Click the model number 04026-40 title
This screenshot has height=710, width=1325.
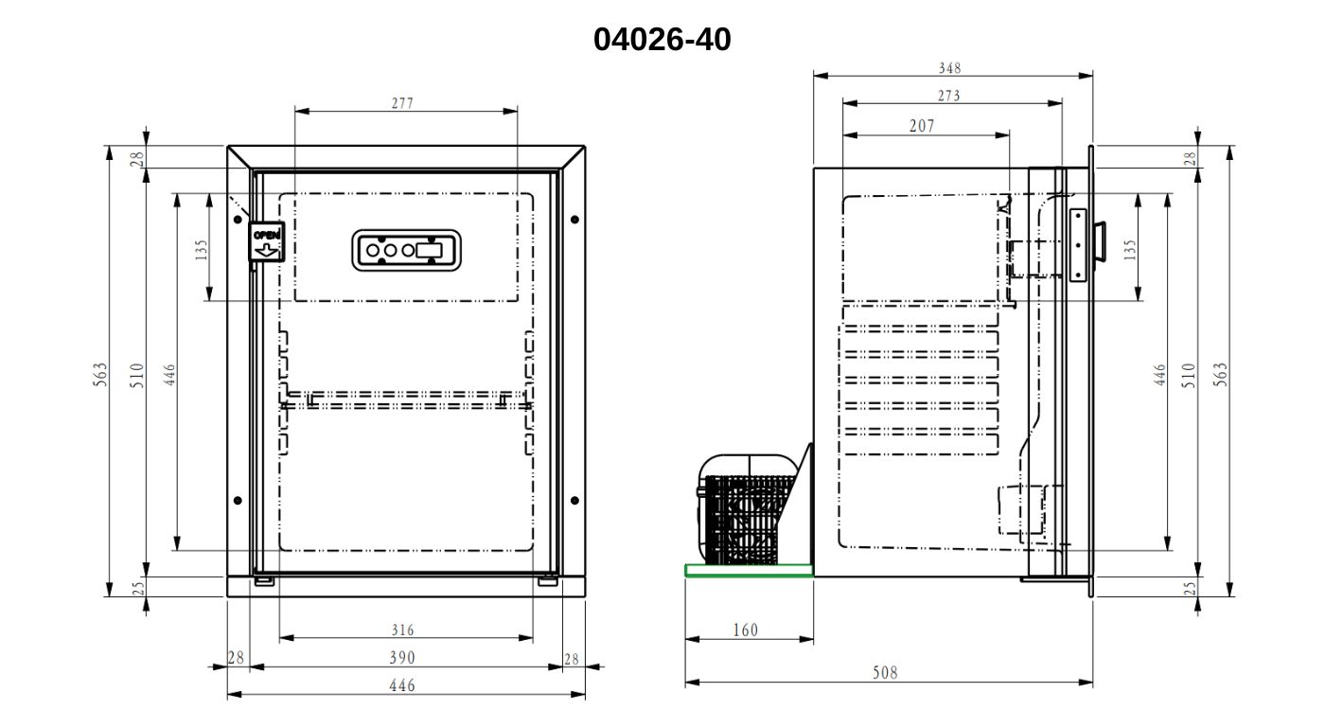(662, 39)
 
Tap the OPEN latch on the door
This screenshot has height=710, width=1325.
(266, 241)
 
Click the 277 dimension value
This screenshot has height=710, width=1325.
(402, 103)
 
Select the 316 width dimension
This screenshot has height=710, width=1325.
(402, 630)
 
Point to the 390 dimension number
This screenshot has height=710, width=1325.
(402, 657)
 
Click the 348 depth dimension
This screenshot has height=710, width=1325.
(950, 68)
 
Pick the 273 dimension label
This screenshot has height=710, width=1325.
(948, 96)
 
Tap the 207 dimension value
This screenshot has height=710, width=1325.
(922, 126)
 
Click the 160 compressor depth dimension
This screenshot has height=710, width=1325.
(746, 630)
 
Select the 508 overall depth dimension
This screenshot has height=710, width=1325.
(885, 673)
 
